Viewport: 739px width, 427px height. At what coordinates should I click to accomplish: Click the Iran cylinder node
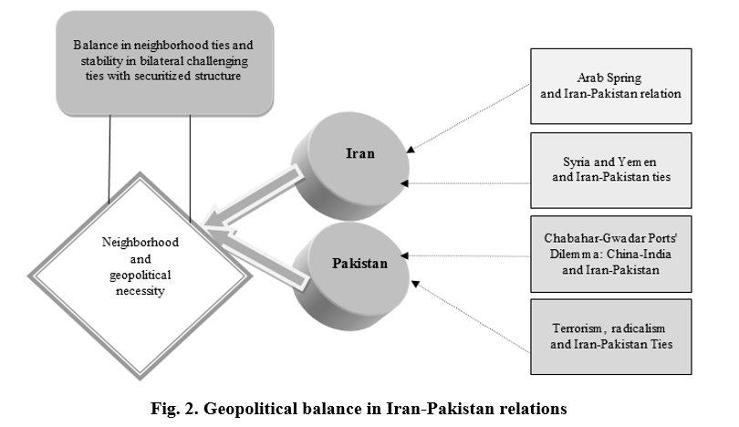pos(350,166)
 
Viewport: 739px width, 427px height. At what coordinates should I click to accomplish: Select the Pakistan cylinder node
pos(351,276)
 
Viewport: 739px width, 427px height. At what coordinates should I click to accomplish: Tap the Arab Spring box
pos(610,87)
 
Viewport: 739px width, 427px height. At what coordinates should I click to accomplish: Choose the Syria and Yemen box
pos(610,170)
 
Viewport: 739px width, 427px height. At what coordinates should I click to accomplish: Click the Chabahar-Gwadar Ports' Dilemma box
pos(610,254)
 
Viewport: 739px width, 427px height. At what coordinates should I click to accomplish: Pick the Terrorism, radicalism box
pos(610,337)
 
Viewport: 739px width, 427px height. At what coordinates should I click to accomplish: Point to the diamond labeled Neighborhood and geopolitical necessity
pos(140,276)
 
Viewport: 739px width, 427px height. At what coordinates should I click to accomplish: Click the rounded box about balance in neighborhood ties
pos(164,63)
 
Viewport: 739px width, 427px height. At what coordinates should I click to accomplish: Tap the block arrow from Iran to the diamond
pos(252,197)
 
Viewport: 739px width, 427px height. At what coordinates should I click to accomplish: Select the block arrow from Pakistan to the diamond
pos(257,257)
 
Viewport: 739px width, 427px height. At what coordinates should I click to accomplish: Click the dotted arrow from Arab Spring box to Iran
pos(468,119)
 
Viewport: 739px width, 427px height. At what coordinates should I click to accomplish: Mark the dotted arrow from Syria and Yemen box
pos(465,183)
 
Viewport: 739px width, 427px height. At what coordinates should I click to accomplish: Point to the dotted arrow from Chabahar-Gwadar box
pos(465,255)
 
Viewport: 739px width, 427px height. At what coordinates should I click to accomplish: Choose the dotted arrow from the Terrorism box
pos(471,317)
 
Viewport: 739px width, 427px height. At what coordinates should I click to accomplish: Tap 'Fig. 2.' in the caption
pos(174,408)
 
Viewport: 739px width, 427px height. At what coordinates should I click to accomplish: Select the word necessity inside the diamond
pos(140,291)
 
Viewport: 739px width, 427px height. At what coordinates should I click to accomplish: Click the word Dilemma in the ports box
pos(570,254)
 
